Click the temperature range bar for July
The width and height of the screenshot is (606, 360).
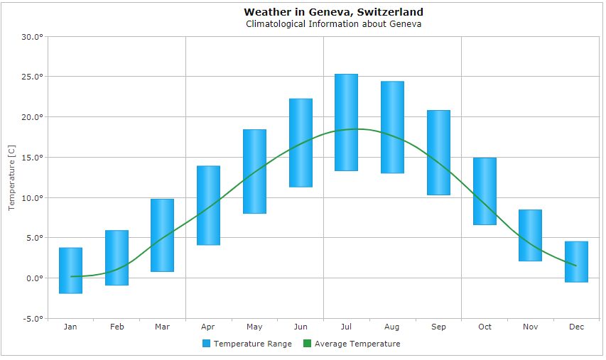pos(346,122)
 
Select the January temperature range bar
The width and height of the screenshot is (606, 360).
pos(70,271)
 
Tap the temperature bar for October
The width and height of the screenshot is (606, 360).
pos(485,191)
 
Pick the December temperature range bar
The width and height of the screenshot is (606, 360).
pos(576,262)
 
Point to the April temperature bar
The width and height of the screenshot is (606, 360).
pos(208,205)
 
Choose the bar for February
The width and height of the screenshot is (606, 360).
pos(117,258)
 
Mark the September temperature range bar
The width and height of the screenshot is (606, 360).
pos(438,153)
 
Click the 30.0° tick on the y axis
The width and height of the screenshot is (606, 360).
pos(31,36)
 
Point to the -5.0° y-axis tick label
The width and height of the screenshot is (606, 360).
pos(31,318)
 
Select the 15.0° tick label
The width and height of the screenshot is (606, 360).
pos(31,157)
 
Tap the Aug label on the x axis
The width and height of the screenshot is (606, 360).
pos(392,327)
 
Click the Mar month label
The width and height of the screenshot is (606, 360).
pos(162,327)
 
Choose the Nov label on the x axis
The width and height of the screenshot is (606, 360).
pos(530,327)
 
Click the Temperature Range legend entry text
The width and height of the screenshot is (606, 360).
pos(252,344)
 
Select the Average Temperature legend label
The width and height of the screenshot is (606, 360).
pos(357,344)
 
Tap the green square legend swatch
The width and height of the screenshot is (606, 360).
pos(308,344)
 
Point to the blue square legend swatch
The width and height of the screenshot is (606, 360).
pos(207,344)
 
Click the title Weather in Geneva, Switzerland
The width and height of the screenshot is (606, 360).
pos(333,12)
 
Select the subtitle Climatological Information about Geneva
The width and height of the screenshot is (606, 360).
pos(333,23)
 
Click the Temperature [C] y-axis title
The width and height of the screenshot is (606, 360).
pos(11,177)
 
